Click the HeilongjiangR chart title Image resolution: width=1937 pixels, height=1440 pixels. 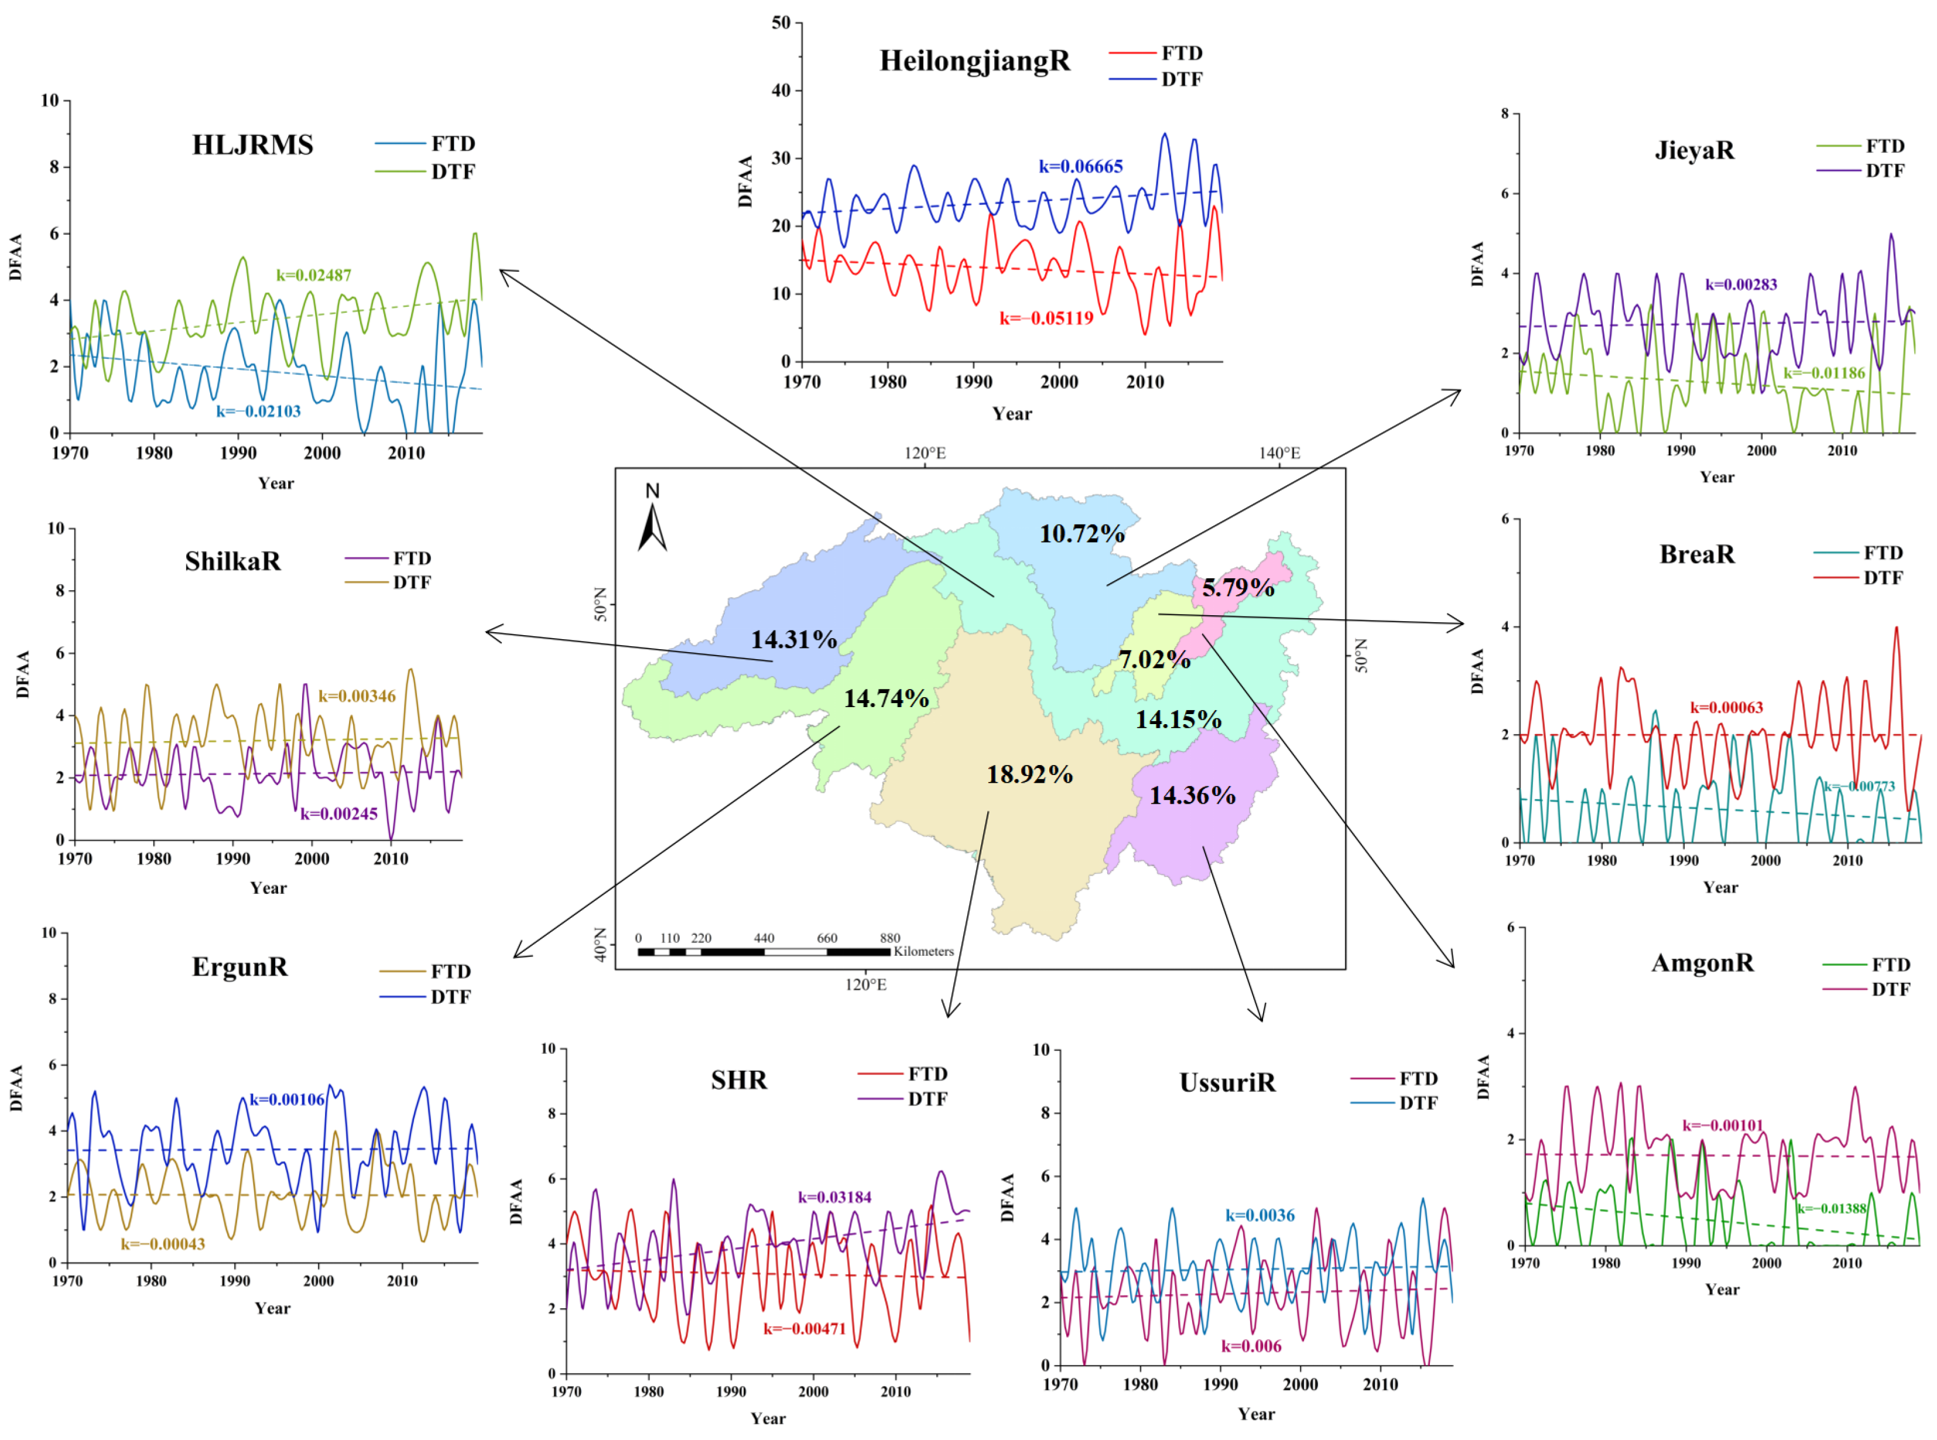coord(974,61)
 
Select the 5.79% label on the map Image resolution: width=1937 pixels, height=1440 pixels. coord(1237,588)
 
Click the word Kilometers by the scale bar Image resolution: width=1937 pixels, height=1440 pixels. coord(923,951)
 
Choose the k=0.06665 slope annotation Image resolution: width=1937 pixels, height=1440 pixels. coord(1080,166)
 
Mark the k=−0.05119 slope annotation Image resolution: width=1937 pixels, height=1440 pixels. coord(1046,318)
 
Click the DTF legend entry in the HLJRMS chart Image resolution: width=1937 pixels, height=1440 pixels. coord(453,172)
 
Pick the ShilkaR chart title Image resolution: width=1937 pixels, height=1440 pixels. coord(232,561)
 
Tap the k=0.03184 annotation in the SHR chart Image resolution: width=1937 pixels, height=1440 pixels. coord(834,1198)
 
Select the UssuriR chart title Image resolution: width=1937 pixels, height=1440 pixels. coord(1227,1082)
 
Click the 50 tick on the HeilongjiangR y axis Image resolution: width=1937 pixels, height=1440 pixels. coord(781,23)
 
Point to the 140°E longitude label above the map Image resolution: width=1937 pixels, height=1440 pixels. coord(1279,453)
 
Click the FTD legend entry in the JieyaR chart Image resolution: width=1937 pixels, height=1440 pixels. coord(1884,146)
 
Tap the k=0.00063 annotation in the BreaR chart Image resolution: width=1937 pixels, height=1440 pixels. coord(1726,708)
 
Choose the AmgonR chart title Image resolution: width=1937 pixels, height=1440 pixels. coord(1702,963)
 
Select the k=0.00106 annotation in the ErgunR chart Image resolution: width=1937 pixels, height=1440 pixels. coord(287,1100)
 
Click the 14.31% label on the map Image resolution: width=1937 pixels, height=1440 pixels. coord(793,640)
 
